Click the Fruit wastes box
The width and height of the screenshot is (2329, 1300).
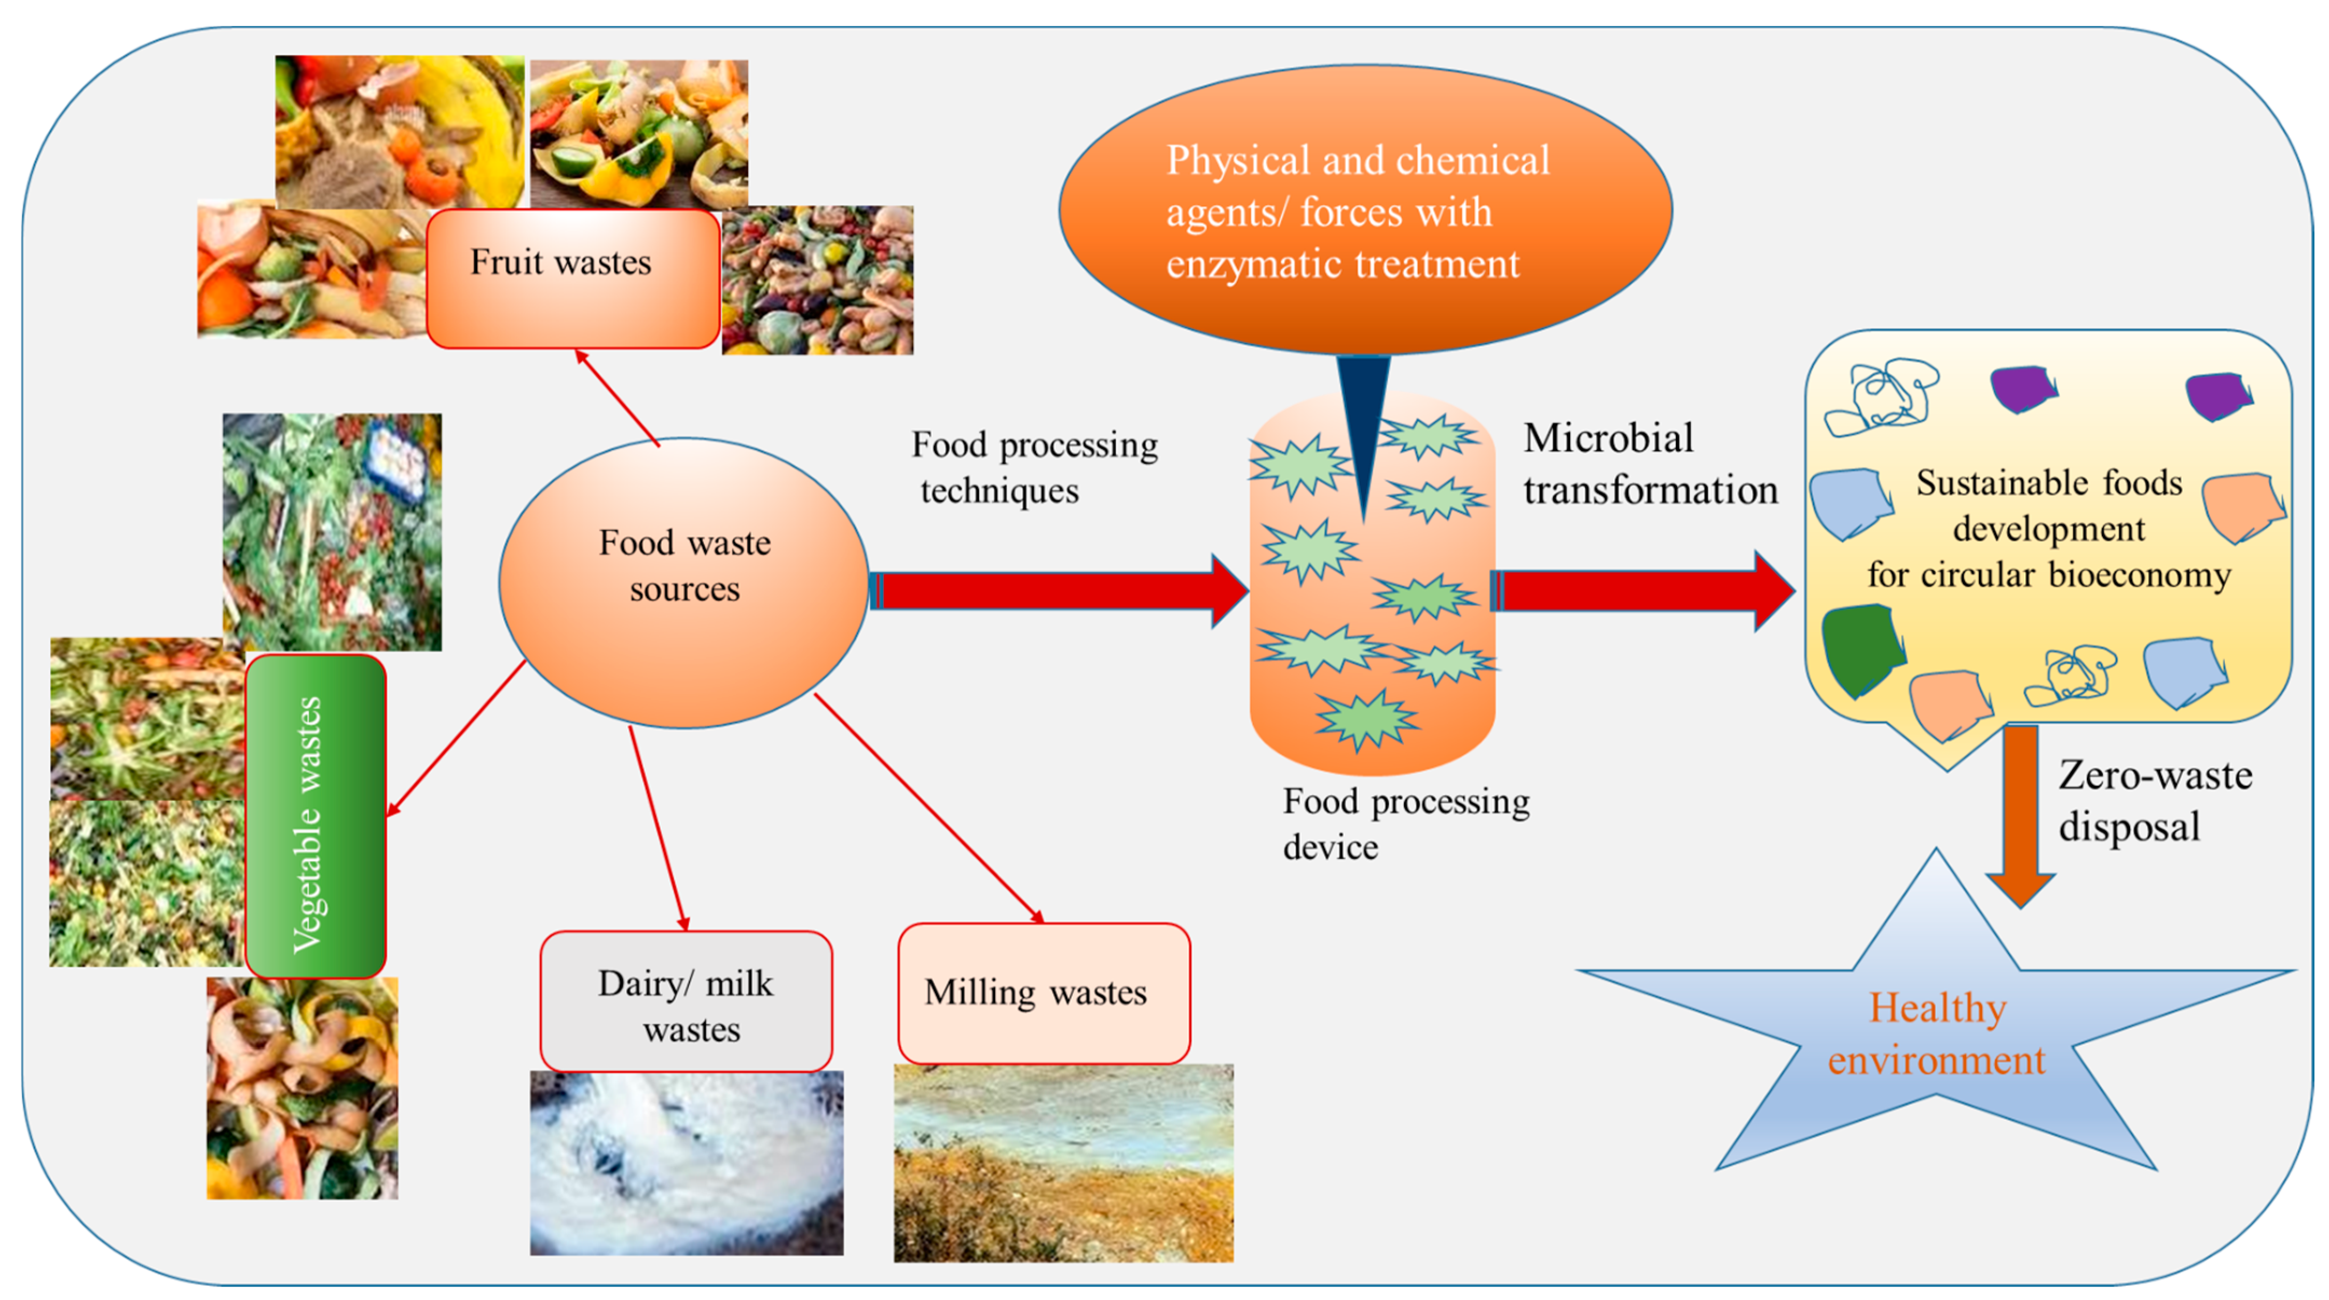(x=572, y=278)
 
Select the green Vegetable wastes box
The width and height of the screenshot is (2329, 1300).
(x=316, y=816)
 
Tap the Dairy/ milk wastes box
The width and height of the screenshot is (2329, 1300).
(x=686, y=1002)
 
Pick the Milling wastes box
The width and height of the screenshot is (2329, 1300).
(x=1043, y=993)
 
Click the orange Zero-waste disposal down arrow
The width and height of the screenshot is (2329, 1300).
(x=2020, y=813)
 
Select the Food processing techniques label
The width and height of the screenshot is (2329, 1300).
(x=1033, y=467)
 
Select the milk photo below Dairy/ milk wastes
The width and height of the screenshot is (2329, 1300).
(x=686, y=1164)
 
